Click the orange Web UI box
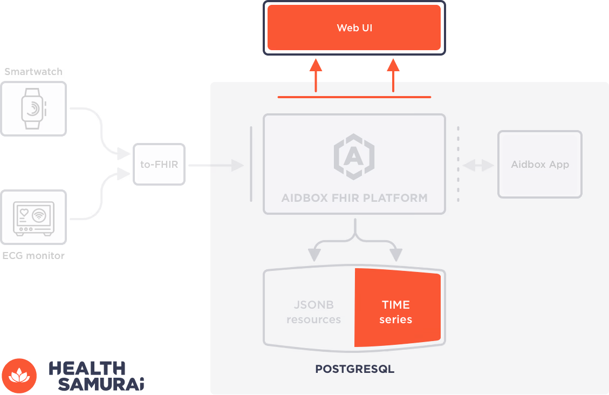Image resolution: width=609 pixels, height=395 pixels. (354, 28)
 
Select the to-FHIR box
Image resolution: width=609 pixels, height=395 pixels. (159, 164)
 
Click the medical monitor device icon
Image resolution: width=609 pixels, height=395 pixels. (33, 217)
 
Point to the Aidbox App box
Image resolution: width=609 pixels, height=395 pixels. (539, 164)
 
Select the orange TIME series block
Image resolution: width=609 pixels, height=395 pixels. (396, 308)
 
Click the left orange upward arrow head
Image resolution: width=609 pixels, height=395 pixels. (316, 65)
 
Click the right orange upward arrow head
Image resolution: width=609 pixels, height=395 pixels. (393, 65)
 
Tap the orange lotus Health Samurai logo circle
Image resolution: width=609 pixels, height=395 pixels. (19, 376)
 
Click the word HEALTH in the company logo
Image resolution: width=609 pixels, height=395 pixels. (87, 368)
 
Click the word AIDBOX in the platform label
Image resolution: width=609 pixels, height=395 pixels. (304, 198)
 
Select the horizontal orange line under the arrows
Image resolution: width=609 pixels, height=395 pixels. (354, 97)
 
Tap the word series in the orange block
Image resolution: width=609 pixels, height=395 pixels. (395, 319)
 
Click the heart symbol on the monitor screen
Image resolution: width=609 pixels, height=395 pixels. (24, 213)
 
